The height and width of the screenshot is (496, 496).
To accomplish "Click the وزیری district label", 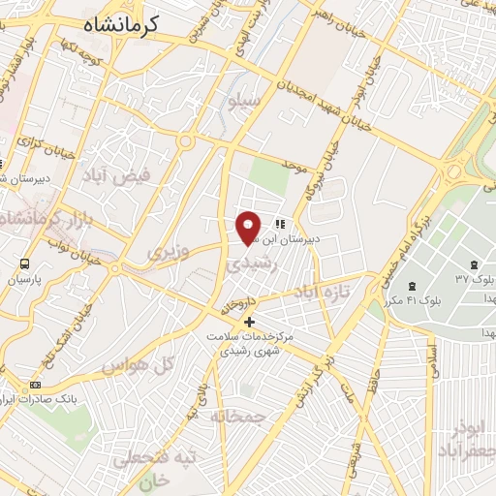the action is pos(166,253).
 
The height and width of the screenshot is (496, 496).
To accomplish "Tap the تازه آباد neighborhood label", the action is pos(350,288).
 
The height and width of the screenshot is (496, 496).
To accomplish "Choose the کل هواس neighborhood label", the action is pos(152,365).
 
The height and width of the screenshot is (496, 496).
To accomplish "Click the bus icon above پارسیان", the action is pos(24,263).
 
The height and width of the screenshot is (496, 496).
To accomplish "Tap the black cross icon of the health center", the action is pos(250,321).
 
